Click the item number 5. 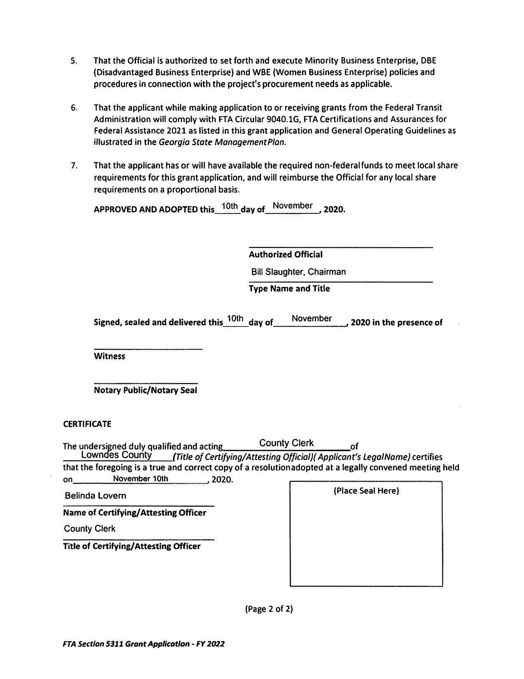point(74,61)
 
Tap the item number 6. point(74,108)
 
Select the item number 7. point(74,166)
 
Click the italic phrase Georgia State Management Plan point(222,142)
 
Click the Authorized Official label point(286,255)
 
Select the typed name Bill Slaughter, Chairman point(298,272)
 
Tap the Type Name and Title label point(289,289)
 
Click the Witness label point(109,356)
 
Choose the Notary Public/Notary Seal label point(145,390)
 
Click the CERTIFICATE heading point(87,424)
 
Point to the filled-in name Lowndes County point(117,455)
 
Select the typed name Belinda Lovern point(95,496)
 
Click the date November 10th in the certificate point(141,479)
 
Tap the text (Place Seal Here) point(366,491)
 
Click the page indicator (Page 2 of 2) point(269,609)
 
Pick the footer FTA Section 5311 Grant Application point(144,644)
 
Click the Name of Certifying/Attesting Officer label point(134,513)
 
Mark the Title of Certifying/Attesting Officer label point(132,547)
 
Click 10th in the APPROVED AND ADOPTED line point(230,206)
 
